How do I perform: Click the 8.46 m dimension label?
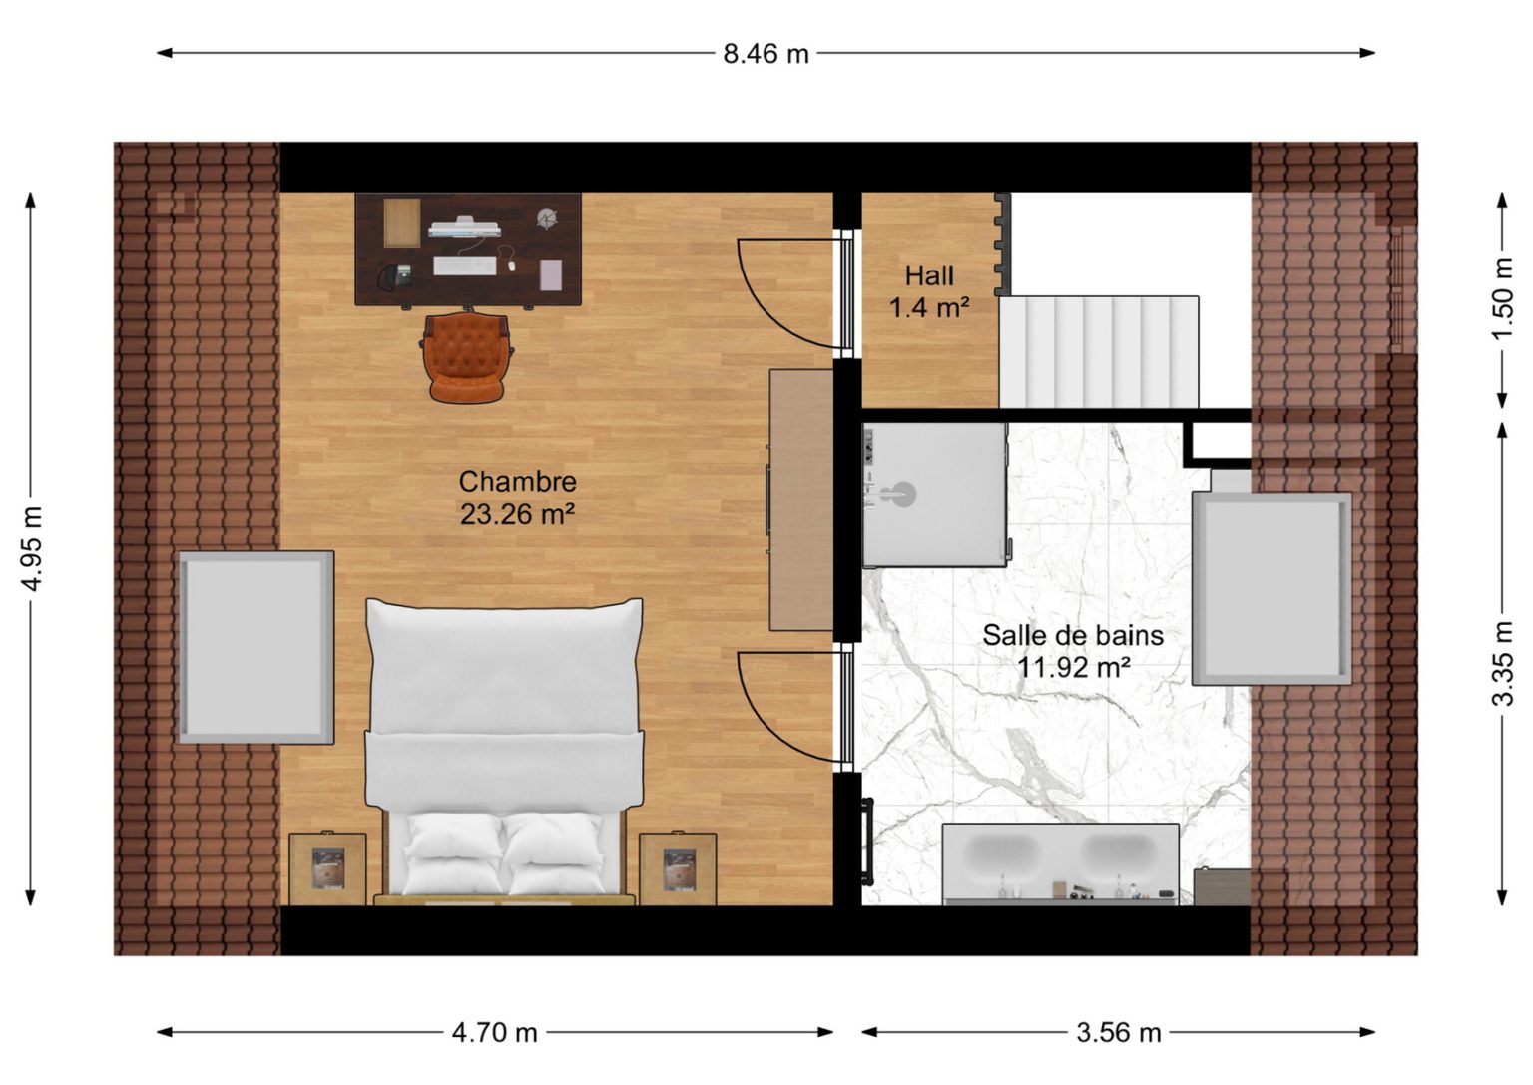(766, 53)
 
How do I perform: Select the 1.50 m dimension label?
(1501, 298)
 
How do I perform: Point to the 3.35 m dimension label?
(1501, 663)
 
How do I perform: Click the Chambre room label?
(517, 482)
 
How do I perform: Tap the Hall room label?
(929, 275)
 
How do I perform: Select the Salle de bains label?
(1073, 635)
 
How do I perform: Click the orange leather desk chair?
(466, 357)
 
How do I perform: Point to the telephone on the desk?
(395, 275)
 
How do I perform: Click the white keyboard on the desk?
(465, 266)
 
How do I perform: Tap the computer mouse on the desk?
(511, 265)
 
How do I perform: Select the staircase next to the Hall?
(1099, 352)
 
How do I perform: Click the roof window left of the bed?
(256, 647)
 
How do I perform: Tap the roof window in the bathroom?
(1272, 589)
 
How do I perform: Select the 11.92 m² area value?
(1073, 668)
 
